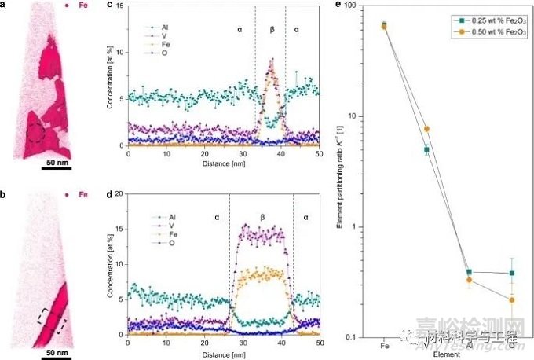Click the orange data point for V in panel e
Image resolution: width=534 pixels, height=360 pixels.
pos(426,129)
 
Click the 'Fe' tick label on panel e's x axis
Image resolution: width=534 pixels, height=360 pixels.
pos(384,345)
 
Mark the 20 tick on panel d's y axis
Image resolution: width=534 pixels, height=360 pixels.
pos(119,193)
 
